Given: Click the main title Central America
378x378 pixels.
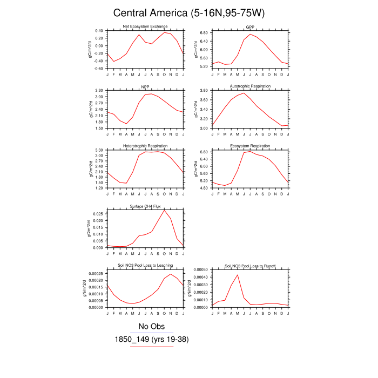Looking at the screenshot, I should pyautogui.click(x=188, y=12).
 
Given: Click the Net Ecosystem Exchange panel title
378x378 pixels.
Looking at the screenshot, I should pyautogui.click(x=145, y=26).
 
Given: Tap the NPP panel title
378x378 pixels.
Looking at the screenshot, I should pyautogui.click(x=145, y=86).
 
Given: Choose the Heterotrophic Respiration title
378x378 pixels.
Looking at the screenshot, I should pyautogui.click(x=145, y=146).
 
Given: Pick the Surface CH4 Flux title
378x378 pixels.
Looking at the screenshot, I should pyautogui.click(x=145, y=206).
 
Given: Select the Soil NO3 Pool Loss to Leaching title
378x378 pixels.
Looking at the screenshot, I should pyautogui.click(x=145, y=266).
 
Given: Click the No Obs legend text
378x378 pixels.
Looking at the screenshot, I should pyautogui.click(x=151, y=326).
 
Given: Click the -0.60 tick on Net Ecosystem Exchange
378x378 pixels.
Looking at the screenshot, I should pyautogui.click(x=98, y=69).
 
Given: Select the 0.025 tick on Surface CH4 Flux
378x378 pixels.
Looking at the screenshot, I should pyautogui.click(x=96, y=214).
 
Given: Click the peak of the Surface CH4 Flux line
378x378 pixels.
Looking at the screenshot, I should pyautogui.click(x=165, y=210).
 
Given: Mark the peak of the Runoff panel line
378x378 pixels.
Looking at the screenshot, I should pyautogui.click(x=238, y=275).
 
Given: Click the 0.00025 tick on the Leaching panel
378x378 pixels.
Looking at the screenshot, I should pyautogui.click(x=94, y=274).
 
